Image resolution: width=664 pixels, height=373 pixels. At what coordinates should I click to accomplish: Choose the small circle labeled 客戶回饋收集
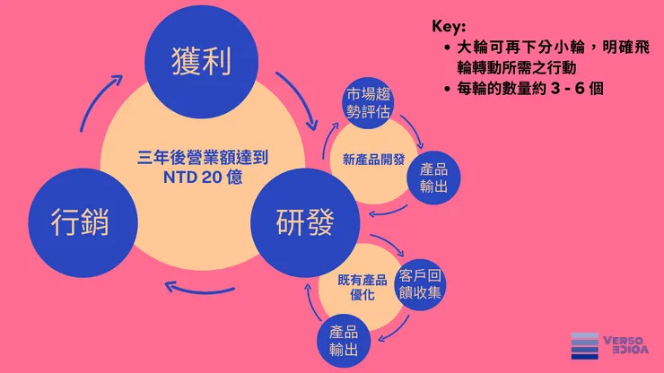pos(420,284)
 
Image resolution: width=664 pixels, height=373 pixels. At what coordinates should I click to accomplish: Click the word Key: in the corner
pos(449,26)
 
